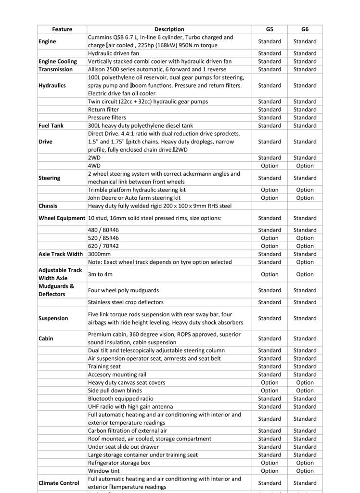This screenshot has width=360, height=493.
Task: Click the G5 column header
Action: click(x=269, y=29)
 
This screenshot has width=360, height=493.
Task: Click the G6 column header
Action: click(x=305, y=29)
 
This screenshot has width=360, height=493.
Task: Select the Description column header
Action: click(x=169, y=29)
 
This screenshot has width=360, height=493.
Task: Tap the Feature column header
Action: click(x=62, y=29)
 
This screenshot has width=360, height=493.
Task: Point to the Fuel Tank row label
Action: click(x=52, y=126)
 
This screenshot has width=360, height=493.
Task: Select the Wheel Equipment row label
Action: click(x=62, y=218)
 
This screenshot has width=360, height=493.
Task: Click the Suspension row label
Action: click(x=53, y=318)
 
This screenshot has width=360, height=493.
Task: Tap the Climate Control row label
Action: click(x=59, y=483)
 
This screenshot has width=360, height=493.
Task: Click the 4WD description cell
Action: click(x=95, y=166)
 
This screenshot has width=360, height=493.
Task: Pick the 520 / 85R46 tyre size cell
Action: click(x=103, y=238)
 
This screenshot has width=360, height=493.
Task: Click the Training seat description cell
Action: click(x=104, y=366)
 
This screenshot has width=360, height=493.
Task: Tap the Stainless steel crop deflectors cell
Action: click(x=126, y=302)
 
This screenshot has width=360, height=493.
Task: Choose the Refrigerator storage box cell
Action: click(x=119, y=463)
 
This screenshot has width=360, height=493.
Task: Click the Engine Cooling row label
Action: click(x=57, y=62)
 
